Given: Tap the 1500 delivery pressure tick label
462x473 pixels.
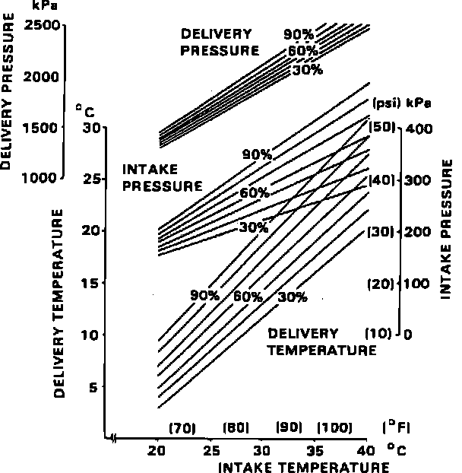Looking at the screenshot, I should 43,127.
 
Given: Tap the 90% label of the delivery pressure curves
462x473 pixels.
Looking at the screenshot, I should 299,34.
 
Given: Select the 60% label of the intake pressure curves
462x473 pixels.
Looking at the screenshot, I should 255,193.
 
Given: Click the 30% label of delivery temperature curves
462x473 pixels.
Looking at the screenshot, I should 292,297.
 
